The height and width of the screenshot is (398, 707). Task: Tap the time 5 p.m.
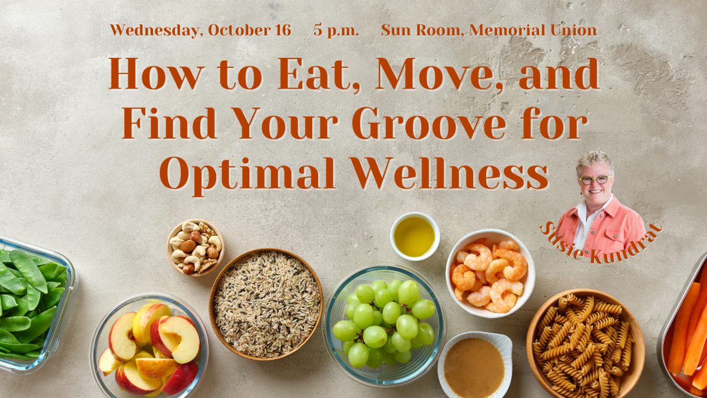click(336, 31)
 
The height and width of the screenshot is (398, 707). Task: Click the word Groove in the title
click(429, 123)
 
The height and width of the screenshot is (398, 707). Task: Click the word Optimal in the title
click(247, 175)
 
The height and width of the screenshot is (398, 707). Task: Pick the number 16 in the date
click(283, 30)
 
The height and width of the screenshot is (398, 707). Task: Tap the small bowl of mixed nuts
click(196, 248)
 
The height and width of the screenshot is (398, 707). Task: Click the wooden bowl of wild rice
click(266, 304)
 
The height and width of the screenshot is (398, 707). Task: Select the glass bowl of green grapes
click(384, 326)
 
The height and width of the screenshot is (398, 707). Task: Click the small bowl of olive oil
click(415, 236)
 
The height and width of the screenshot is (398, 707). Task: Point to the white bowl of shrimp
click(490, 273)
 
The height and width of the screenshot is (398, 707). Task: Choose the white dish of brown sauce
click(474, 365)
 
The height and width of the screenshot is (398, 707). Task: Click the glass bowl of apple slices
click(149, 346)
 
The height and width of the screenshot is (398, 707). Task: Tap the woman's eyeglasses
click(594, 180)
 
